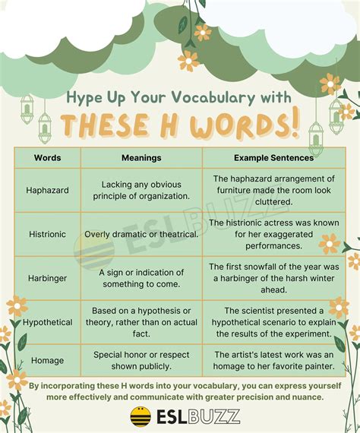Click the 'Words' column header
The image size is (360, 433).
point(48,158)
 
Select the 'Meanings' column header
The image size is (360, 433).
point(141,158)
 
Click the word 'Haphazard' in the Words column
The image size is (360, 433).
point(47,190)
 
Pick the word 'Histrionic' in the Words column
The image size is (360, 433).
point(47,234)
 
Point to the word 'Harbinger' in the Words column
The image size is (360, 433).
point(47,278)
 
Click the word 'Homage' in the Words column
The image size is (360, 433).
point(47,361)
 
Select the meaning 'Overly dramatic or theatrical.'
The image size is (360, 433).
point(141,234)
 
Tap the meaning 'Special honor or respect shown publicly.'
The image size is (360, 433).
point(141,361)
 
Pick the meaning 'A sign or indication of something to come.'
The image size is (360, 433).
point(141,278)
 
